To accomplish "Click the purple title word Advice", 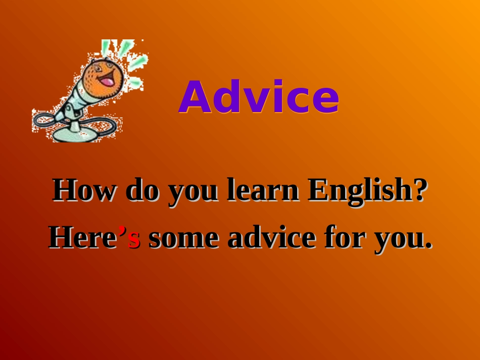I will click(x=258, y=97).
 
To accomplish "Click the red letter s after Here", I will click(x=134, y=240).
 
